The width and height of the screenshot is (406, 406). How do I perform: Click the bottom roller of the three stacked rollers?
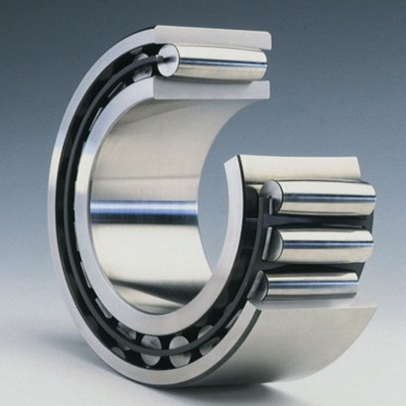click(323, 288)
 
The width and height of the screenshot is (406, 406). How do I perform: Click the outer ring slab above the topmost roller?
click(213, 35)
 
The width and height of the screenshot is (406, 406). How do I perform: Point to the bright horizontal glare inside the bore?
click(139, 210)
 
